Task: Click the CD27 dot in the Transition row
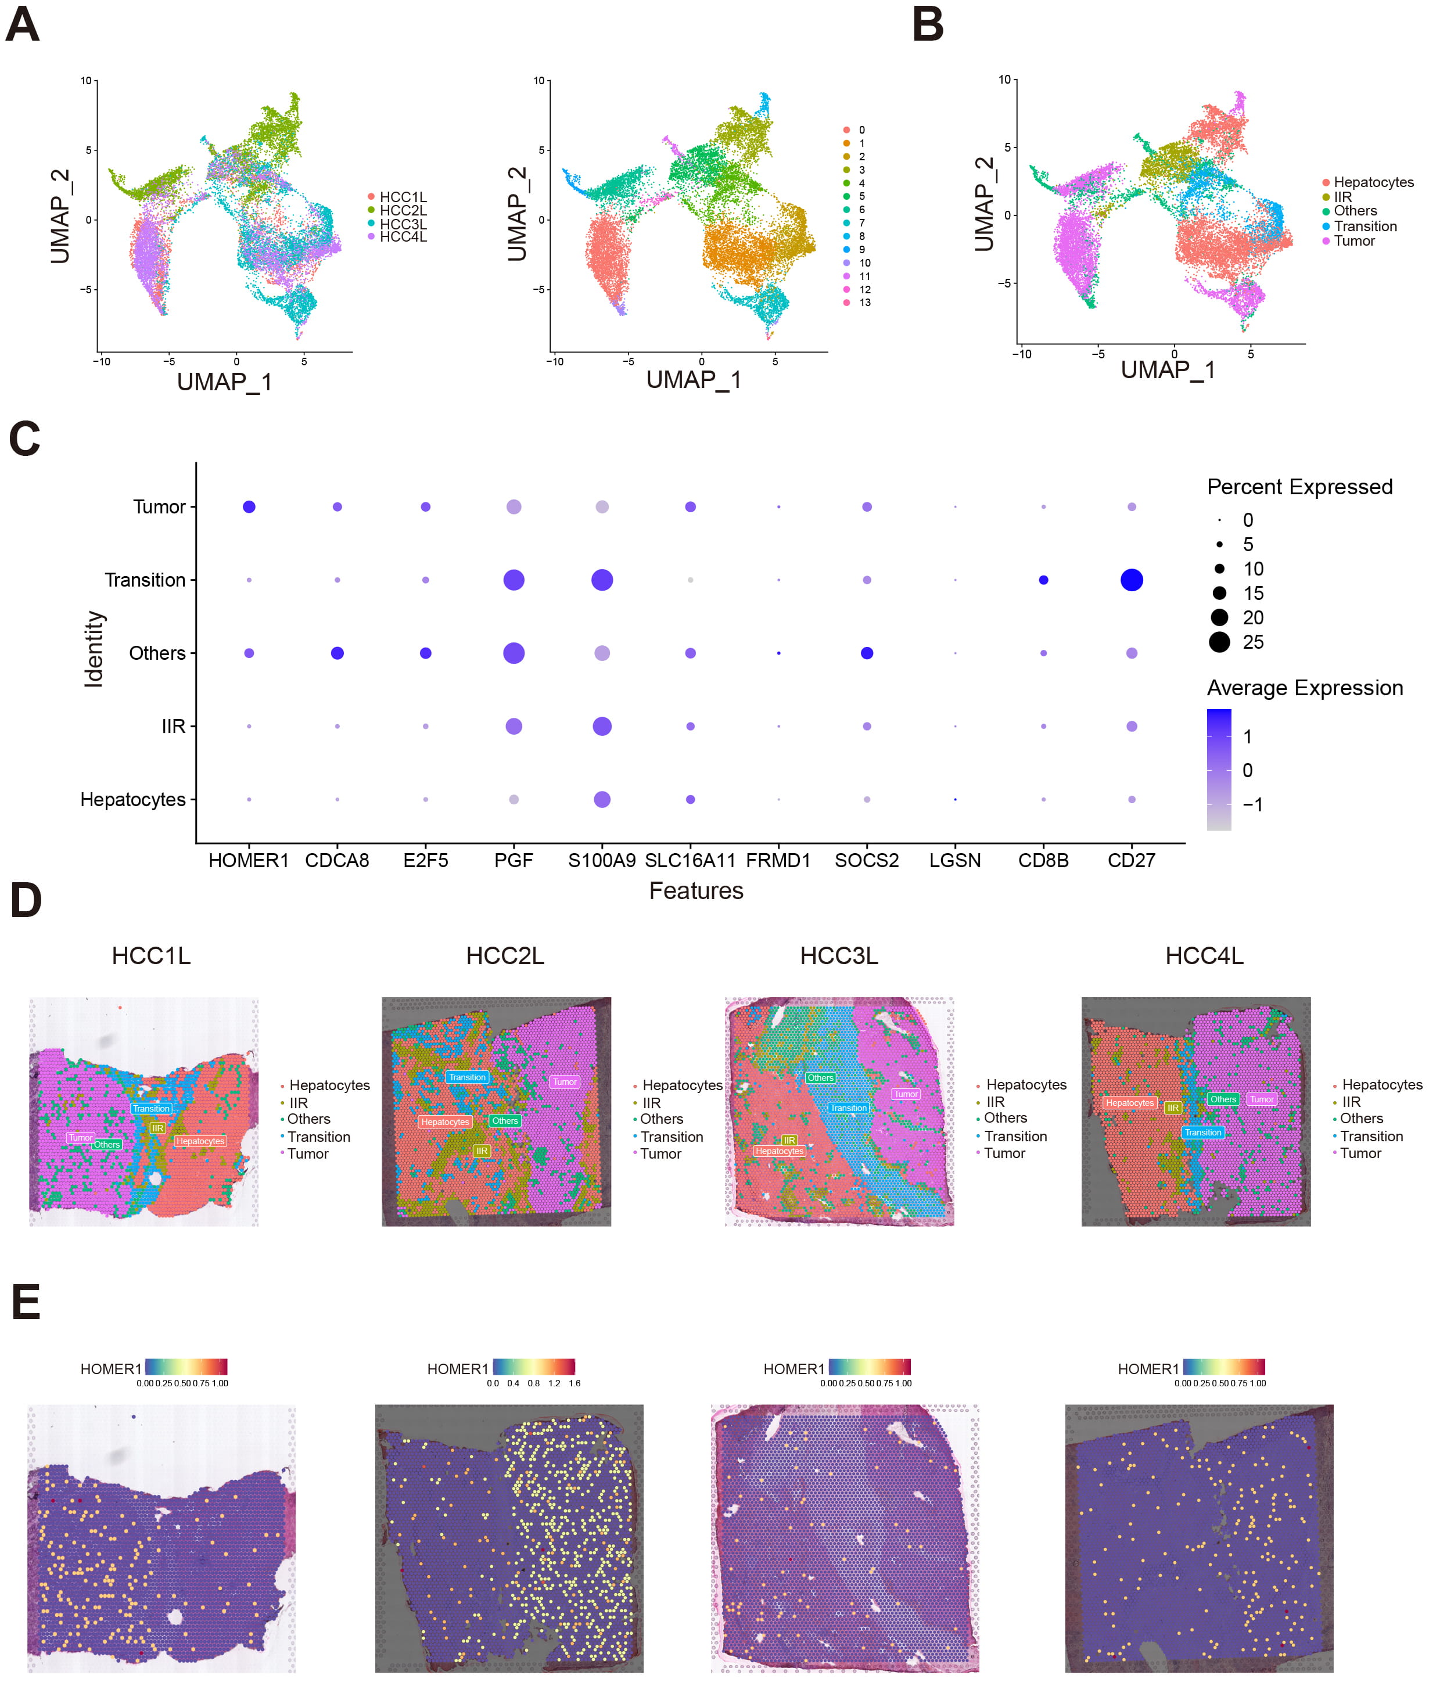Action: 1131,580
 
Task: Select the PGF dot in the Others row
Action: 514,653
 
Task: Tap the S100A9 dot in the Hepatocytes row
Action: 602,799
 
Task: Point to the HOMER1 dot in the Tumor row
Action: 249,507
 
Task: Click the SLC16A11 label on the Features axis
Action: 690,860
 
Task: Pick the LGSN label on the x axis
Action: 955,860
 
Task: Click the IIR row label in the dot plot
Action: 173,727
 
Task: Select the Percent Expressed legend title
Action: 1299,487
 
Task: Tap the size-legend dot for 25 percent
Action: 1219,642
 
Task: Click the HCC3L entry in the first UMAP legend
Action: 403,224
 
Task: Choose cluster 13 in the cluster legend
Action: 864,303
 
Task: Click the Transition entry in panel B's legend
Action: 1365,227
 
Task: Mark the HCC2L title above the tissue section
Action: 505,957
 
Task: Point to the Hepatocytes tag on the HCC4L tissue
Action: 1129,1103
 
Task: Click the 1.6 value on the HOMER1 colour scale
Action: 575,1383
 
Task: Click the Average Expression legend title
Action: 1304,688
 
